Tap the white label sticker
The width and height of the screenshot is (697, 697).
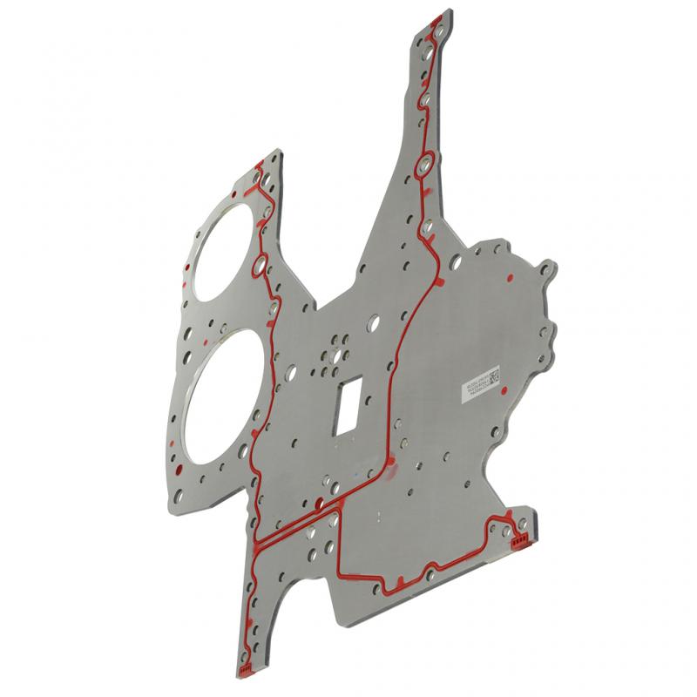point(478,383)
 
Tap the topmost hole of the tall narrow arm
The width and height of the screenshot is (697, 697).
point(436,31)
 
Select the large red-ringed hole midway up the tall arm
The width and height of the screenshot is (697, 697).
point(425,165)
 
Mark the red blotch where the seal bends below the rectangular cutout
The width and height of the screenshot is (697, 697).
point(391,471)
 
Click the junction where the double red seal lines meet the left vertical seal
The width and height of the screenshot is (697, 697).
point(258,545)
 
